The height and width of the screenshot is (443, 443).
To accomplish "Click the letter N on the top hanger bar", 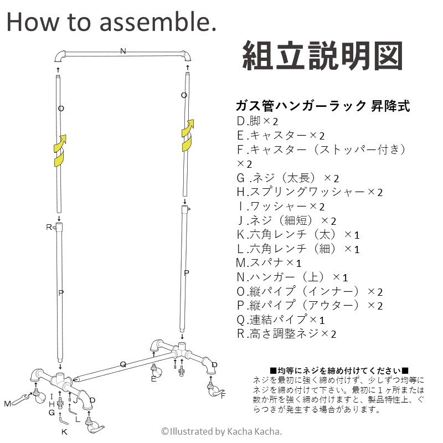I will click(x=123, y=51).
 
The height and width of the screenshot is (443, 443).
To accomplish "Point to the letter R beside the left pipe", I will click(x=49, y=227).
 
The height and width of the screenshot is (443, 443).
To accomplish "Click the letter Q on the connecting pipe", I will click(x=123, y=364).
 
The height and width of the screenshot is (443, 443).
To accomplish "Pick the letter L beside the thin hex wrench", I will click(x=78, y=419).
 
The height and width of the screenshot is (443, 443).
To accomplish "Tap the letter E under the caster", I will click(x=153, y=379).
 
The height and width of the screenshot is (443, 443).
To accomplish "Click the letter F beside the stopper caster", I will click(x=223, y=395).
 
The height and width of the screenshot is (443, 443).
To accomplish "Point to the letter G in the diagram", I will click(x=51, y=412).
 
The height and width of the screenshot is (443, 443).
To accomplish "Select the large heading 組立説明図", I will click(x=321, y=56).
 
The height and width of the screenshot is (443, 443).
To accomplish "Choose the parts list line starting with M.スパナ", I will click(x=269, y=262).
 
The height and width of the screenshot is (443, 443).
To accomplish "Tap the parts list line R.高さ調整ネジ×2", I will click(x=286, y=333).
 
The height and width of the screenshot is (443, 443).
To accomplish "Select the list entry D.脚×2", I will click(x=257, y=121).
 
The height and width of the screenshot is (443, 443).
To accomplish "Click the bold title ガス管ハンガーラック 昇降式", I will click(x=323, y=106).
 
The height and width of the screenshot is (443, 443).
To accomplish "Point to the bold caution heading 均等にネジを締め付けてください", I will click(x=339, y=370).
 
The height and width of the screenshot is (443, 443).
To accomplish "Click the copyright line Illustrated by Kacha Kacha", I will click(x=221, y=431).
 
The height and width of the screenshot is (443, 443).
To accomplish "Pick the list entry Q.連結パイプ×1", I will click(x=280, y=320).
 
